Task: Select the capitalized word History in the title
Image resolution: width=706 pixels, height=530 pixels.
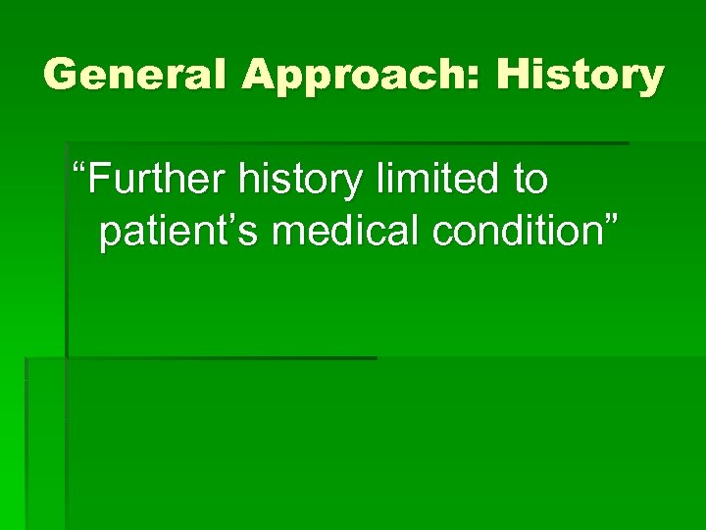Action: [x=580, y=76]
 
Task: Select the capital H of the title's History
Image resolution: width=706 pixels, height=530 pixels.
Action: [x=513, y=75]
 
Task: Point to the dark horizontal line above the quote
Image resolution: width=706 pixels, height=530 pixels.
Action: [x=343, y=143]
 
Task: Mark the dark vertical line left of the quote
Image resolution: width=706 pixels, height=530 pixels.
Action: [x=66, y=245]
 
